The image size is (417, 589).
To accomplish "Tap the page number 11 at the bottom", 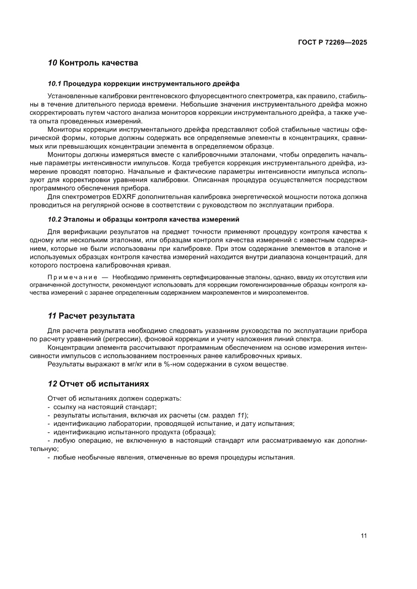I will pyautogui.click(x=364, y=536).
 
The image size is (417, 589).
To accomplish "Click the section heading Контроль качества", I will pyautogui.click(x=99, y=63).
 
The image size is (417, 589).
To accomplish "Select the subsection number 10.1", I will pyautogui.click(x=54, y=83).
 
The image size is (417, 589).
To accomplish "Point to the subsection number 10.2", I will pyautogui.click(x=54, y=219).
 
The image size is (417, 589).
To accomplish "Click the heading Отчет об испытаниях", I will pyautogui.click(x=104, y=383).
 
